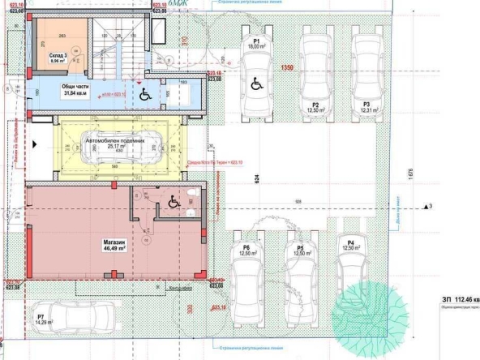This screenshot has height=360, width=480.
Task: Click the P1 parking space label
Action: (x=256, y=41)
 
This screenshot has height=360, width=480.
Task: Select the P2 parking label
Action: (x=315, y=105)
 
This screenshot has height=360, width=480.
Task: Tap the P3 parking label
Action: (x=366, y=105)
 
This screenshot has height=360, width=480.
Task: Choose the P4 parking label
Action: (x=350, y=243)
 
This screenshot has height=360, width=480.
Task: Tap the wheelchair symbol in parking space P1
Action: (x=256, y=83)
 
